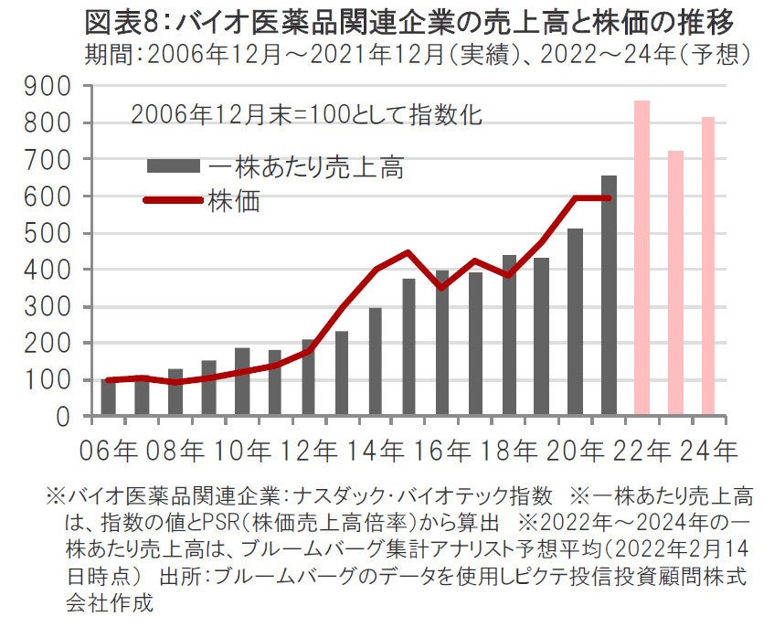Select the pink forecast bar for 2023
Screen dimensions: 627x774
point(675,283)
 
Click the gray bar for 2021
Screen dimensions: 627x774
point(609,296)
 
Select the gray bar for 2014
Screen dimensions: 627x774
point(375,362)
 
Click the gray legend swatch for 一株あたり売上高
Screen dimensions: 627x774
point(173,166)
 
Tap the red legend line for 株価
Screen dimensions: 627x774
point(173,198)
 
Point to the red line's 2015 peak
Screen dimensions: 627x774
point(408,252)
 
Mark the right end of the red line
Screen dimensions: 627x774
point(609,197)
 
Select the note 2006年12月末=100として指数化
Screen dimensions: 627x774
point(306,116)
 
